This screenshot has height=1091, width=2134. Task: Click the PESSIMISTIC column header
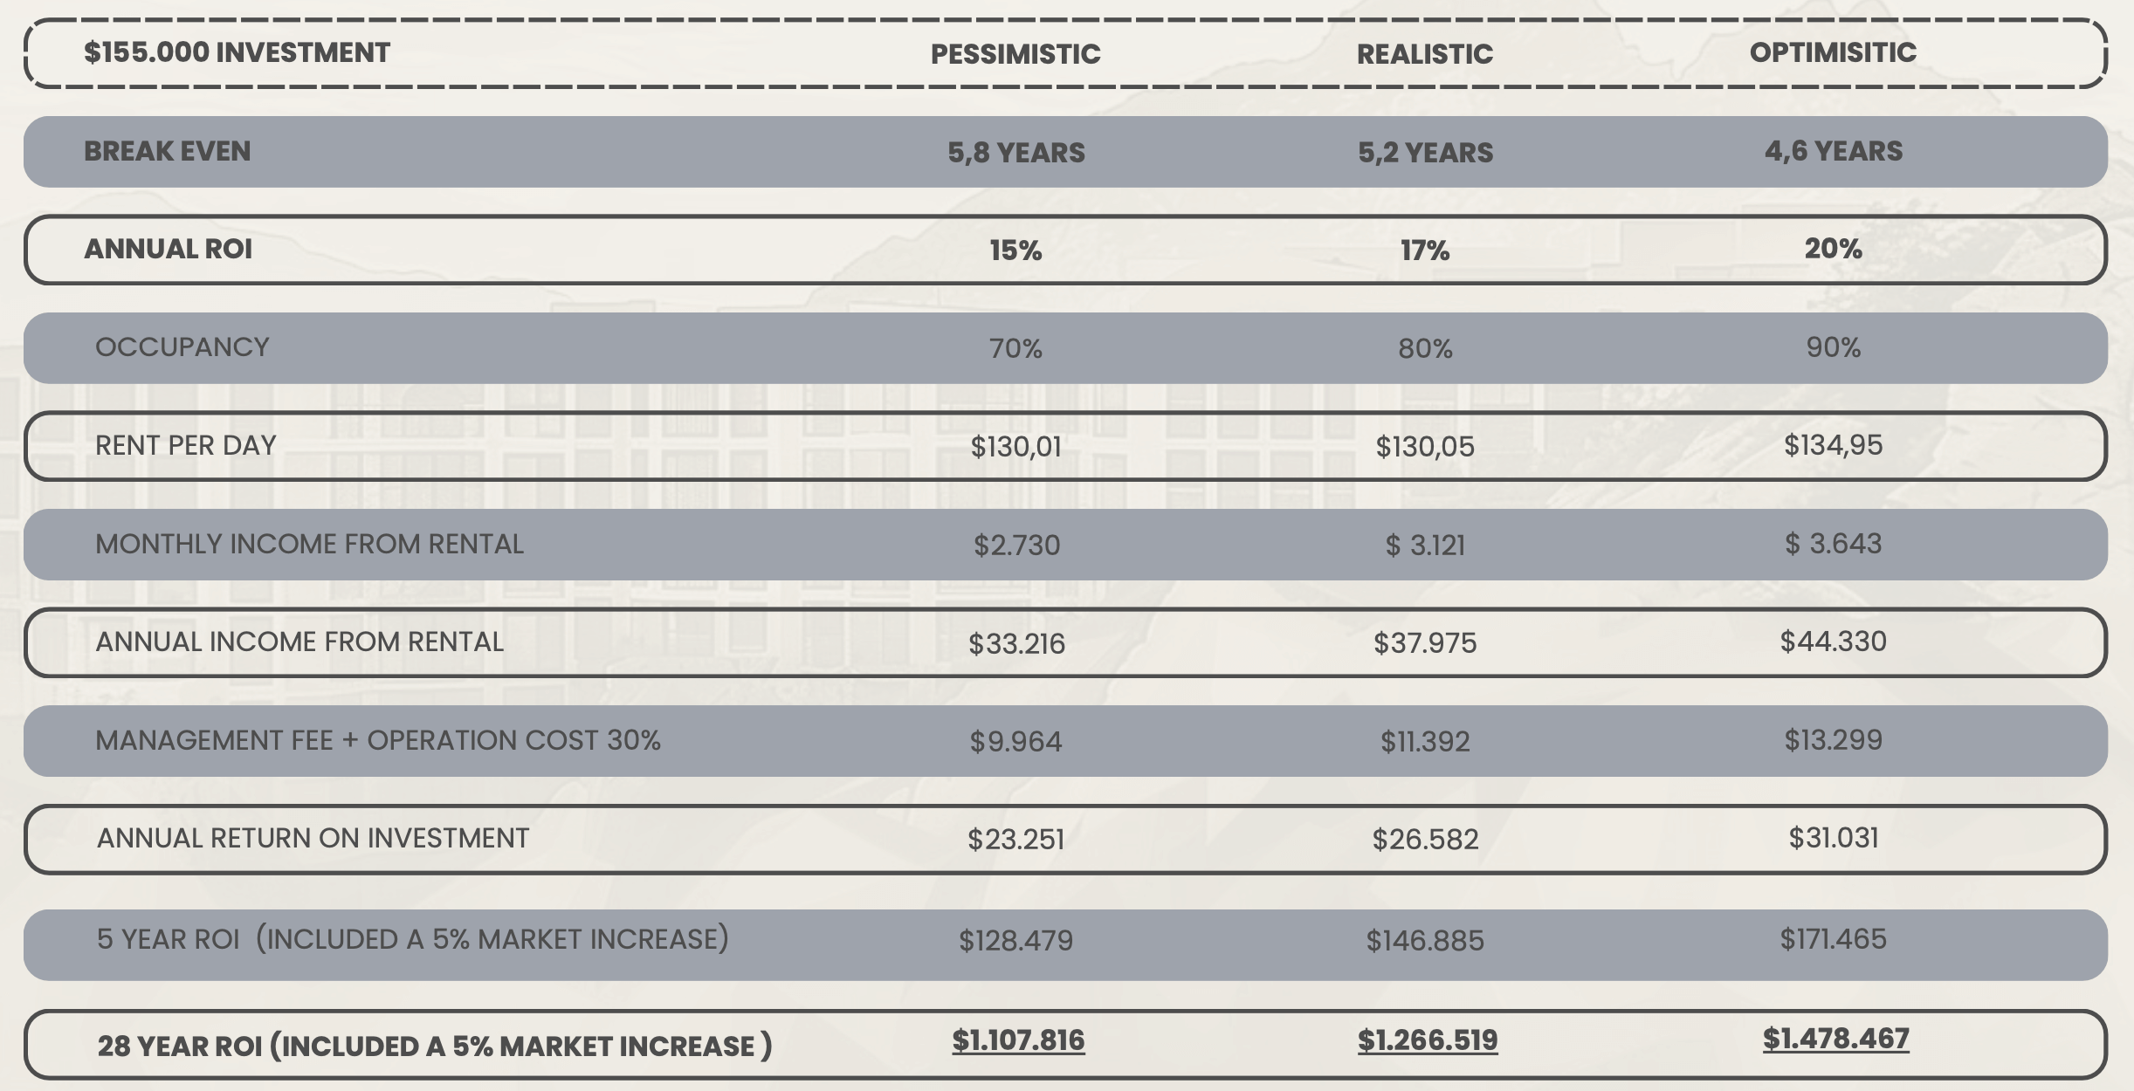pos(1015,54)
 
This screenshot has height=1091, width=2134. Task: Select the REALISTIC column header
pos(1425,54)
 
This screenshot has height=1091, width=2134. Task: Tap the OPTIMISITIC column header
pos(1833,52)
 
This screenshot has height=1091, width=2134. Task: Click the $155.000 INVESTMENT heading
pos(237,52)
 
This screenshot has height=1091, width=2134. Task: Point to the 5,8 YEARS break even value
pos(1016,153)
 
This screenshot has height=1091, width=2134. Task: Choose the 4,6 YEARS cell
pos(1834,151)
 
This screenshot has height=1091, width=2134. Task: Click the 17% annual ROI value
pos(1425,250)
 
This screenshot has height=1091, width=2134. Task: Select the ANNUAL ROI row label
pos(168,249)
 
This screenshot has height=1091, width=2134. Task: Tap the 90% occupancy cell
pos(1834,347)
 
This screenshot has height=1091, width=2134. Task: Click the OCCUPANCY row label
pos(182,347)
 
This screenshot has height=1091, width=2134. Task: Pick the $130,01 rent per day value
pos(1016,447)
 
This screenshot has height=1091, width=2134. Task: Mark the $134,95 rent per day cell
pos(1834,445)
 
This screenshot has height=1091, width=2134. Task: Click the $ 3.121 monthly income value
pos(1425,545)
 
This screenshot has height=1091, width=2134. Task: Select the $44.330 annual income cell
pos(1834,642)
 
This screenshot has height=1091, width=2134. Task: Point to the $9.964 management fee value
pos(1016,742)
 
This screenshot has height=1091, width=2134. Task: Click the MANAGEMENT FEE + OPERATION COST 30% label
pos(378,740)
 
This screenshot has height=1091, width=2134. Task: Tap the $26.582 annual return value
pos(1425,840)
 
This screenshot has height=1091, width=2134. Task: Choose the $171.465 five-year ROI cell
pos(1834,939)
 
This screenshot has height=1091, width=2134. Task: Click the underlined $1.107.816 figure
pos(1018,1040)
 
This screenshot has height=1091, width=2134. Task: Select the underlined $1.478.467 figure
pos(1836,1039)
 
